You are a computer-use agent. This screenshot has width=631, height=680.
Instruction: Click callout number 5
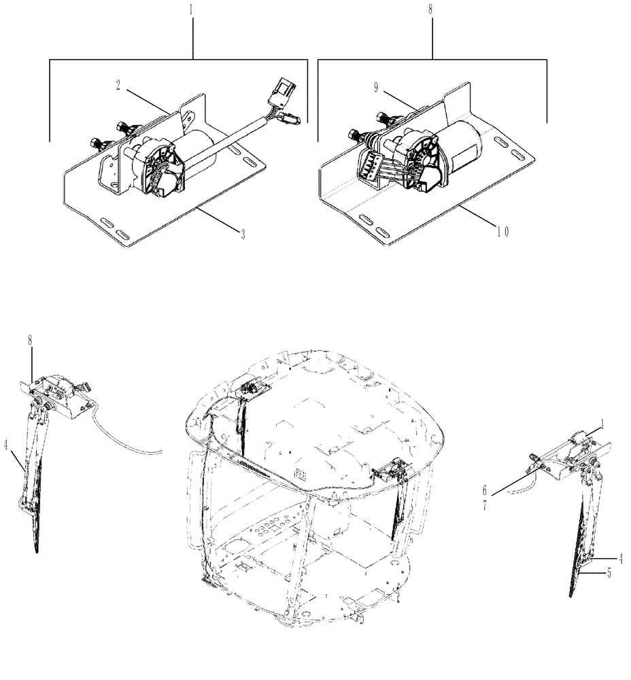609,573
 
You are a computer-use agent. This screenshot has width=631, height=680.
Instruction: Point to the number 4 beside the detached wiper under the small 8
5,447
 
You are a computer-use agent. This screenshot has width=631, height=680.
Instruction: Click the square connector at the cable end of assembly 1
283,88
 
